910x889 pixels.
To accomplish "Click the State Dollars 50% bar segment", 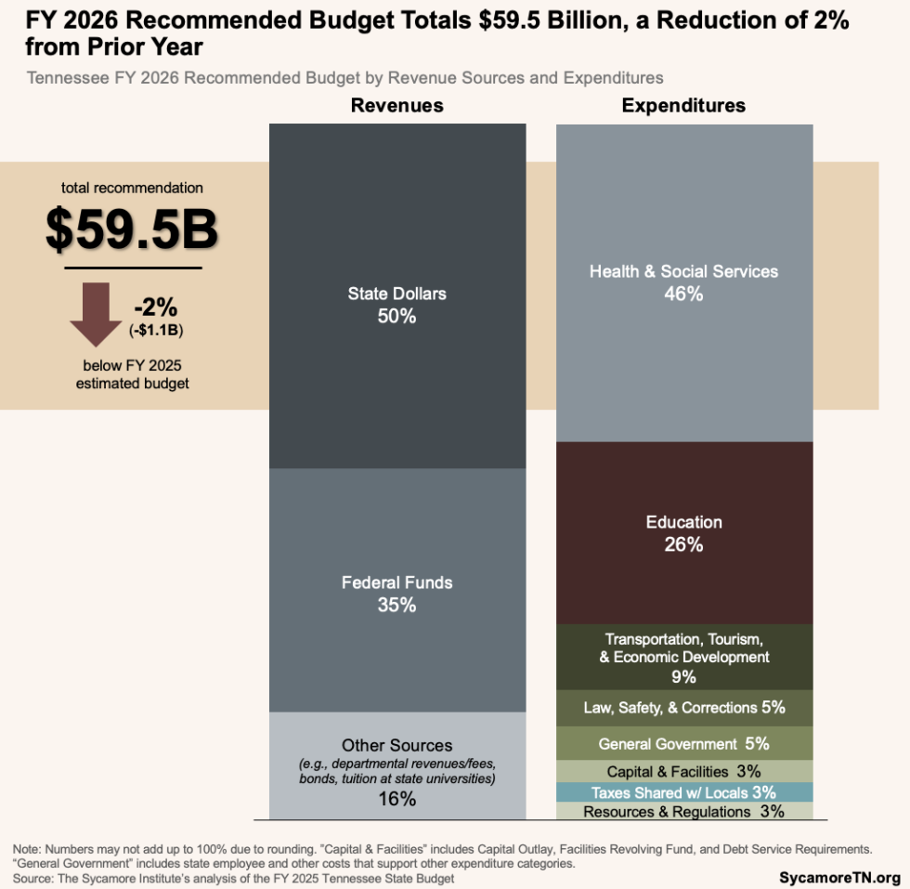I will point(396,297).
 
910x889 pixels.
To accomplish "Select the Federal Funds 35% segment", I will point(396,591).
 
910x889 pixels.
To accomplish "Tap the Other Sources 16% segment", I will point(396,766).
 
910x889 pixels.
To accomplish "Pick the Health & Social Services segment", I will point(683,282).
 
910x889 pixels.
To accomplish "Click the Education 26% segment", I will point(683,532).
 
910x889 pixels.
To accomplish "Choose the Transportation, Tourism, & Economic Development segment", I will point(683,657).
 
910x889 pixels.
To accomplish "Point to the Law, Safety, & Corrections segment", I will point(683,708).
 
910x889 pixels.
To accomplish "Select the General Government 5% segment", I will point(683,743).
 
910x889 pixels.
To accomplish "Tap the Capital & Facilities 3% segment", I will point(683,771).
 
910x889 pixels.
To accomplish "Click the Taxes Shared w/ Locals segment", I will point(683,792).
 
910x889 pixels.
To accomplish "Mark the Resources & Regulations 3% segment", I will point(683,811).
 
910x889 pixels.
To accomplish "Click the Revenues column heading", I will point(396,105).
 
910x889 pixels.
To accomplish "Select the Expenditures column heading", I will point(683,105).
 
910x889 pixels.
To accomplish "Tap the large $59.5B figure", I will point(132,229).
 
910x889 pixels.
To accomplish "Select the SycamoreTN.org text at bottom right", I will point(839,877).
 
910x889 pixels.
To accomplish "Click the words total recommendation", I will point(132,188).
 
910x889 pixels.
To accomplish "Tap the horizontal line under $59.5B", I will point(133,268).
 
